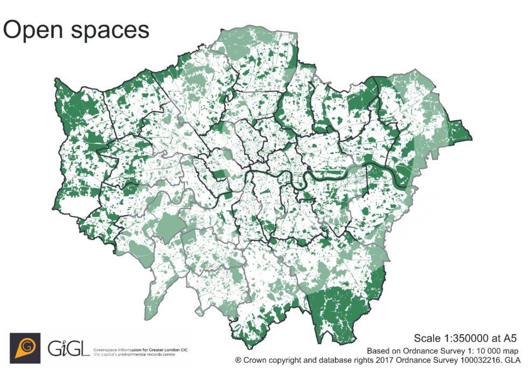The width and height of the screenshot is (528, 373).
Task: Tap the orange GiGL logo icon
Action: point(25,348)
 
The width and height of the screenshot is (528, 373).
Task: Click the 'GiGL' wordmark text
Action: point(69,348)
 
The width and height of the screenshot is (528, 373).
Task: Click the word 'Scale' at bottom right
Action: point(426,338)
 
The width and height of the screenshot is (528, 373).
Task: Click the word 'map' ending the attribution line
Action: point(513,349)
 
